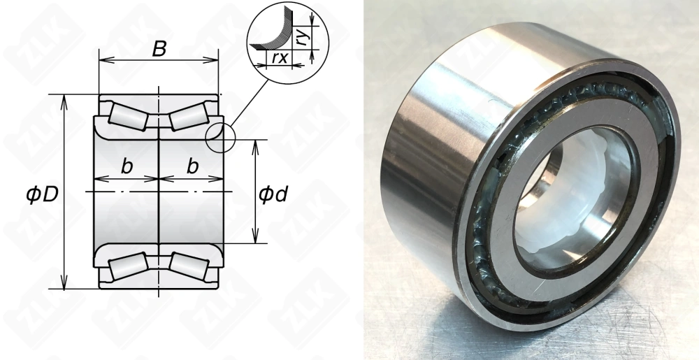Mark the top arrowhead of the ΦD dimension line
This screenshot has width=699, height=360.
[x=65, y=99]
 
